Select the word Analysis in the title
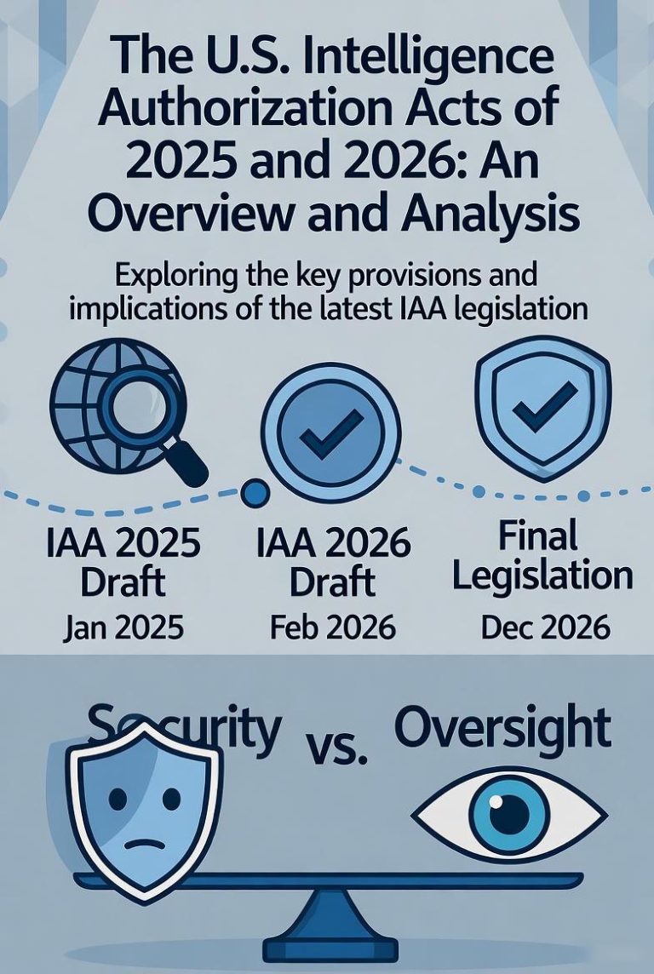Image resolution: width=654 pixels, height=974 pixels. pos(487,214)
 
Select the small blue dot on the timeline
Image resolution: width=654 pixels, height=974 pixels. pos(254,491)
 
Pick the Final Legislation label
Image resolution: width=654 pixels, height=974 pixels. pos(542,557)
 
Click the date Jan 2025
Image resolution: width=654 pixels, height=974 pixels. pos(123,627)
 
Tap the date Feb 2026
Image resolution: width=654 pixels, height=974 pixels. pos(333,627)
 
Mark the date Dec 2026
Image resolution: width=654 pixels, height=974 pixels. pos(545,627)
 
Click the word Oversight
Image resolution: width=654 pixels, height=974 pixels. pos(503,729)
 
